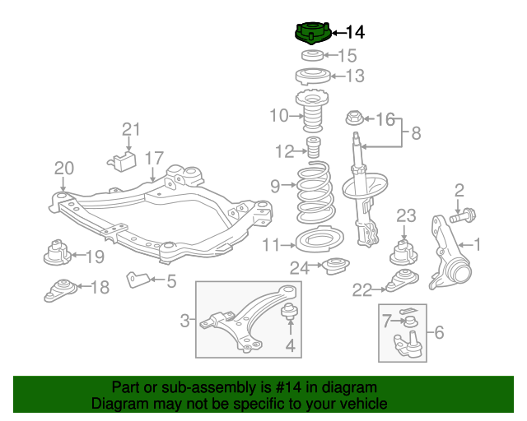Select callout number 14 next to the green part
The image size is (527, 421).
tap(354, 33)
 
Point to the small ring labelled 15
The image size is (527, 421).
tap(311, 56)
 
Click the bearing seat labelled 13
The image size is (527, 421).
tap(310, 79)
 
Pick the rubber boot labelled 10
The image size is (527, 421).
tap(310, 115)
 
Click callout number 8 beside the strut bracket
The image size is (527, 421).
tap(415, 132)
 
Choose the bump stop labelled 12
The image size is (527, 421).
tap(313, 150)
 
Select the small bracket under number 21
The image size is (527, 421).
tap(124, 159)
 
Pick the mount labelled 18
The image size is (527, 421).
tap(62, 289)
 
